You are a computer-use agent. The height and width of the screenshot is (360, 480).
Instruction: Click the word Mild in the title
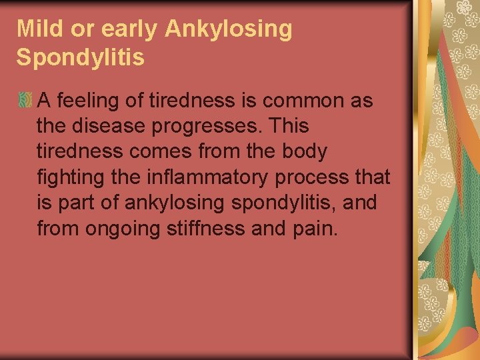(x=35, y=29)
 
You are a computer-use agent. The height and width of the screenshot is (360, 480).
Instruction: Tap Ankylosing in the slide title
(x=228, y=30)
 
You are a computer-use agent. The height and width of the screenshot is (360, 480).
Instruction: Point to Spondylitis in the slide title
(x=80, y=58)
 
